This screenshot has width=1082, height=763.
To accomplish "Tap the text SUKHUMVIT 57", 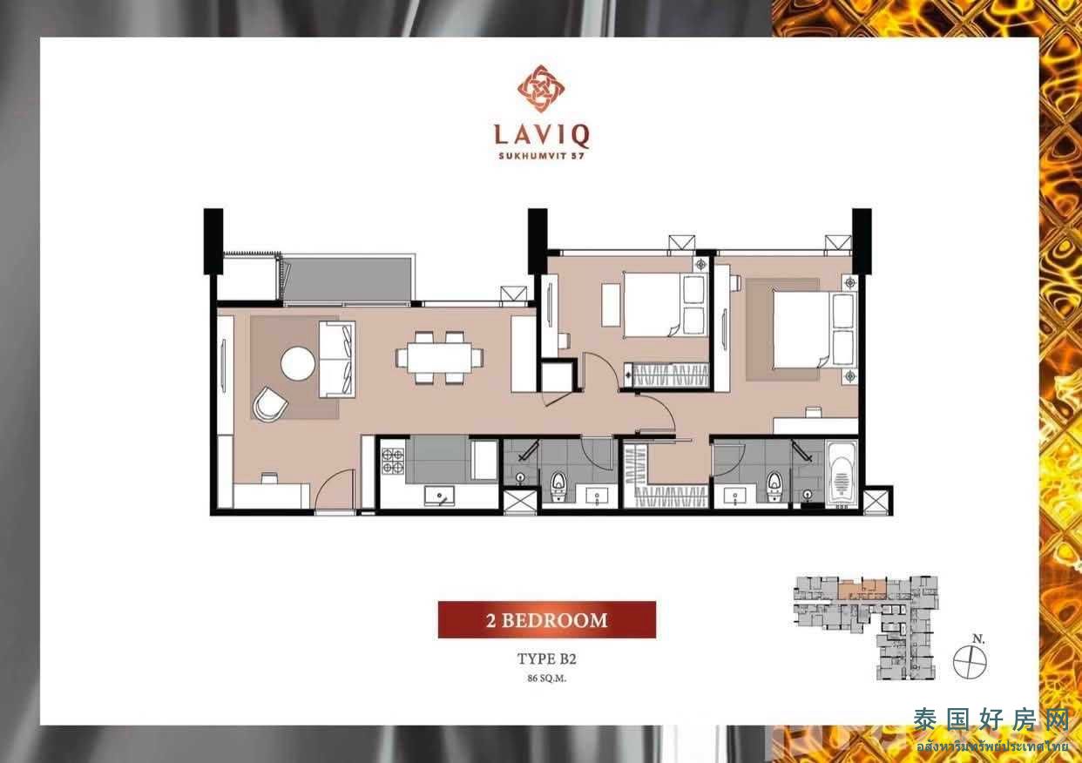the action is (x=541, y=156).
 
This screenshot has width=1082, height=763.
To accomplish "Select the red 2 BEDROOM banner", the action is (x=547, y=619).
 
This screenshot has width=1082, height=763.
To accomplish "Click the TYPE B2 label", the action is (x=547, y=659).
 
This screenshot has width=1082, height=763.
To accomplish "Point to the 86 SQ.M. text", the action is (x=547, y=679).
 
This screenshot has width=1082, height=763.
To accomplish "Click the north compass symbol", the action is (x=970, y=662).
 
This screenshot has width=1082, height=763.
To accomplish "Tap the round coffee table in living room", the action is (x=298, y=363).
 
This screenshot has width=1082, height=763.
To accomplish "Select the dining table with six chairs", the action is (x=439, y=358).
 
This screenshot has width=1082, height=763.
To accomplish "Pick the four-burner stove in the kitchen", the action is (x=393, y=461).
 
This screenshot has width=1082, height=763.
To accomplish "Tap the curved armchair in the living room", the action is (x=269, y=404).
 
